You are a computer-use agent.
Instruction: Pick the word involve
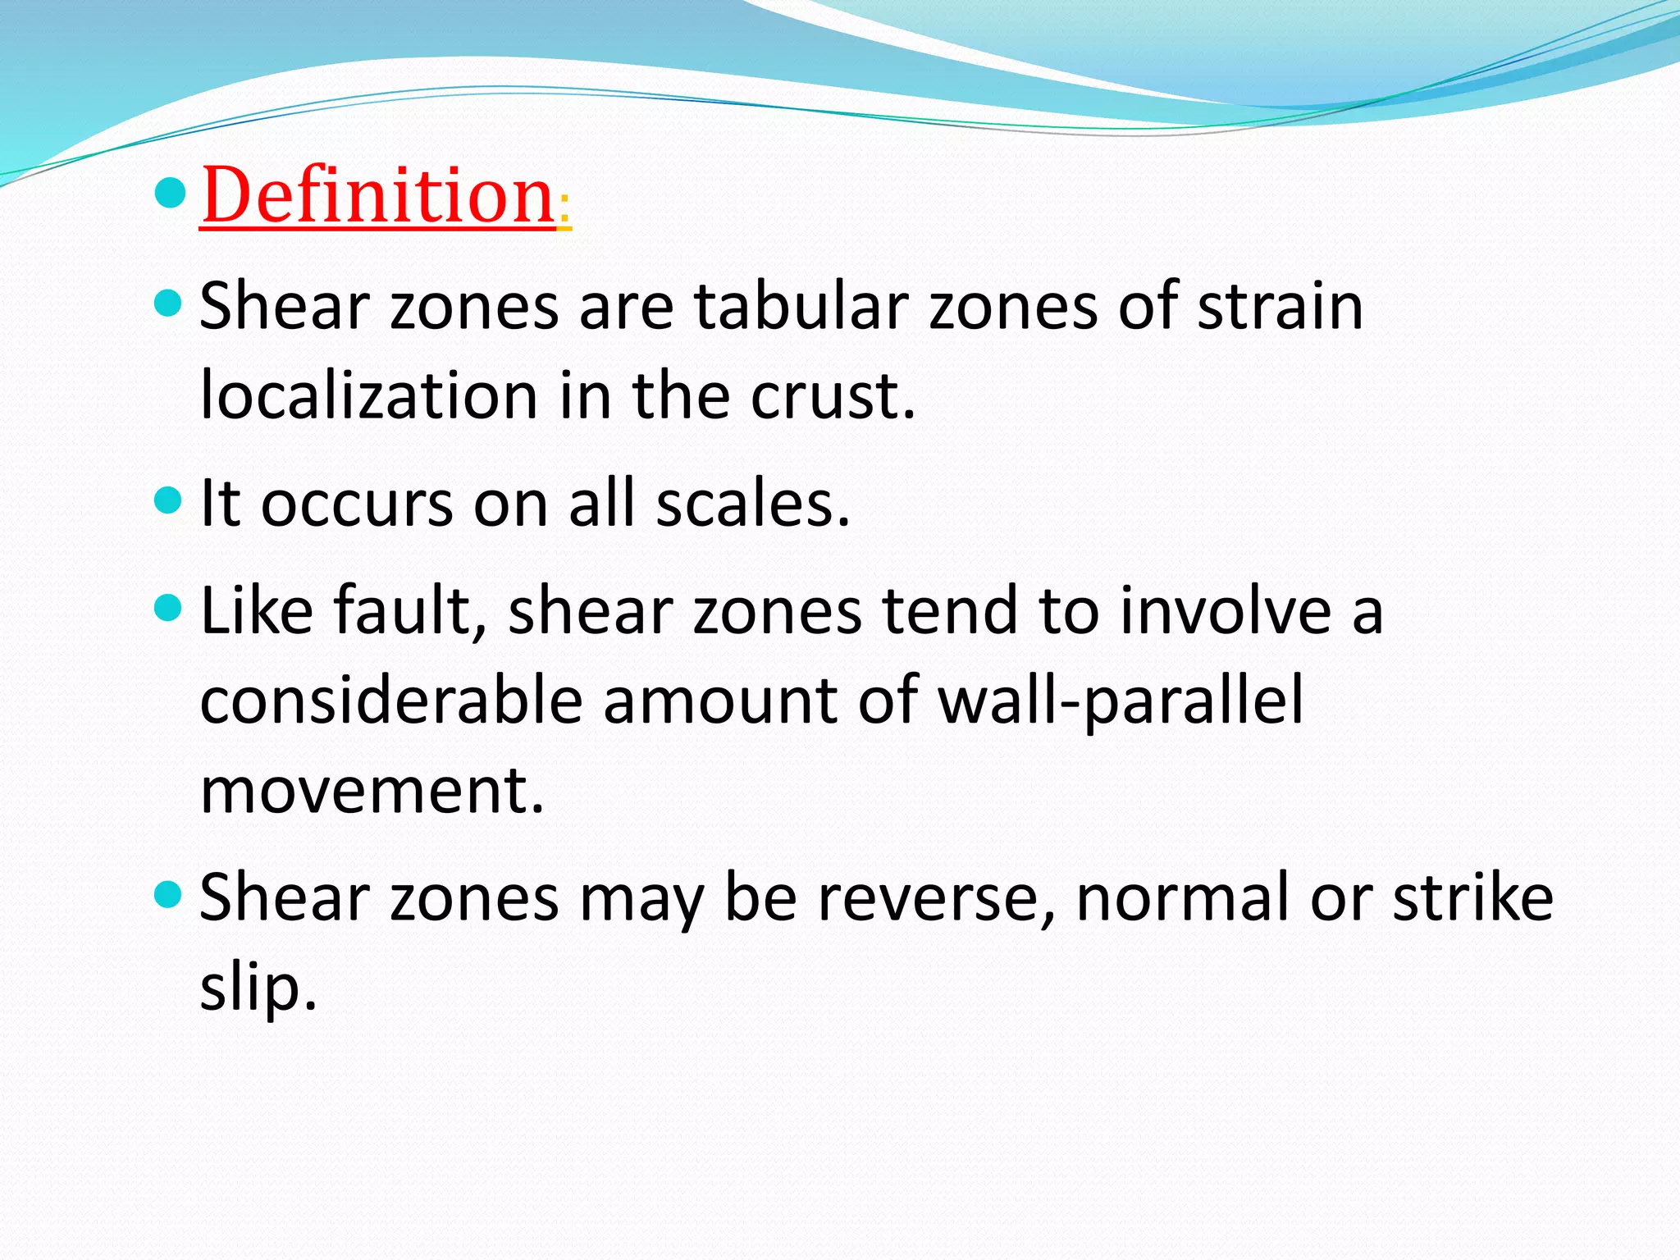tap(1226, 610)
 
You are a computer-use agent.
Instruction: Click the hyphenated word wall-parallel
tap(1121, 701)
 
